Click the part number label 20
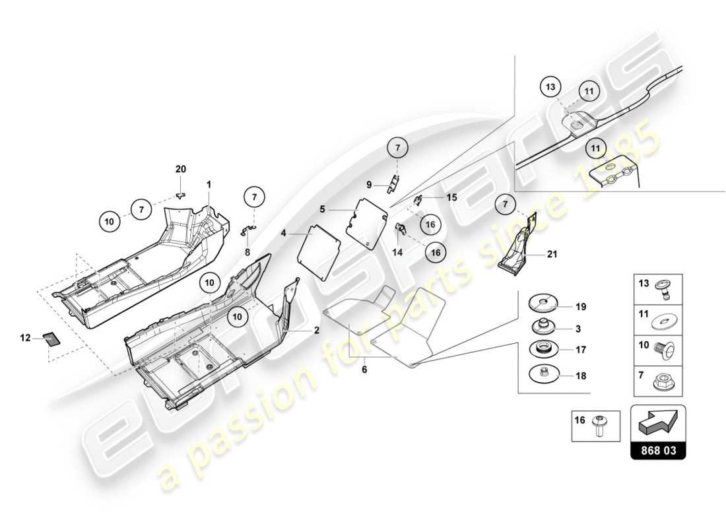(x=181, y=170)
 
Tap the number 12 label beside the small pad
(x=25, y=338)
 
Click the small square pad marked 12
(x=51, y=339)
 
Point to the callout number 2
(x=317, y=330)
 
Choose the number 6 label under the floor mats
(x=364, y=370)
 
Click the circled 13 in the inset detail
(x=552, y=86)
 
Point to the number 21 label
(x=552, y=253)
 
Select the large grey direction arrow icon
(x=658, y=423)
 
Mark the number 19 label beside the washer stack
(x=580, y=307)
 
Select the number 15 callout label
(x=451, y=197)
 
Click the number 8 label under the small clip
(x=247, y=251)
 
